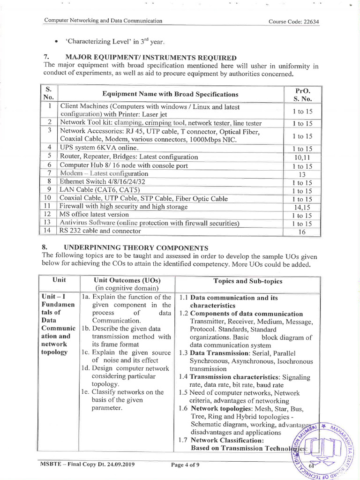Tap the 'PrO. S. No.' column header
pyautogui.click(x=302, y=94)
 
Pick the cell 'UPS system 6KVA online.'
pyautogui.click(x=99, y=148)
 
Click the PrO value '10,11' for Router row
pyautogui.click(x=302, y=157)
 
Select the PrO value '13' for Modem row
pyautogui.click(x=302, y=174)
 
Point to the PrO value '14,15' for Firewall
pyautogui.click(x=302, y=207)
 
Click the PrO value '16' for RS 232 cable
pyautogui.click(x=302, y=232)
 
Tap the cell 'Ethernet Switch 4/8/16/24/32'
pyautogui.click(x=103, y=182)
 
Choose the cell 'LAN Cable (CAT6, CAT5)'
pyautogui.click(x=97, y=190)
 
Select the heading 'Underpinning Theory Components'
pyautogui.click(x=136, y=247)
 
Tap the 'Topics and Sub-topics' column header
pyautogui.click(x=247, y=281)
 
